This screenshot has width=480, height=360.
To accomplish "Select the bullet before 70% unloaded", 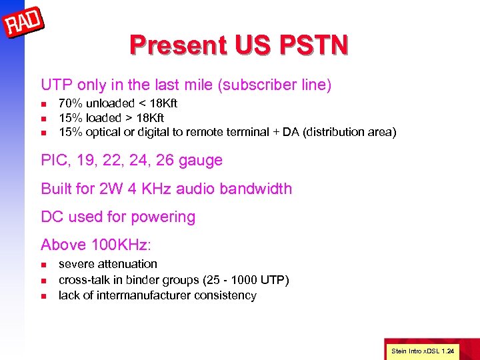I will [43, 104].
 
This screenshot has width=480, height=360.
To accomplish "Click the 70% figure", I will [69, 103].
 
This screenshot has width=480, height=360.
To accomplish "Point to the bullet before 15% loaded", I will [43, 119].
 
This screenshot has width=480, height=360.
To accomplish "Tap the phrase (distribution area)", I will [349, 132].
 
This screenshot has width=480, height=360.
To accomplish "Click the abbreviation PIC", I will [54, 161].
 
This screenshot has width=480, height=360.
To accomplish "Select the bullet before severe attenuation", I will [43, 265].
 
